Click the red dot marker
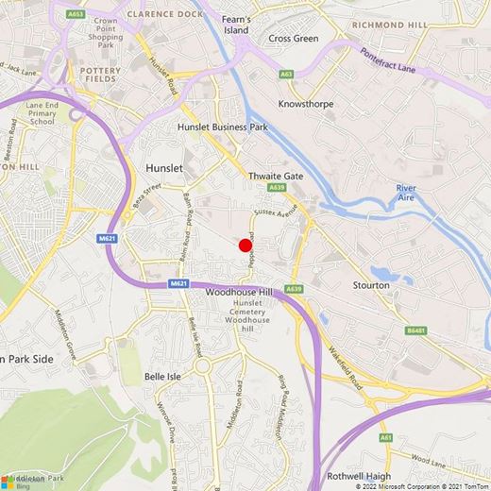245,245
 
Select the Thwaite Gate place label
275,176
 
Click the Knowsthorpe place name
306,104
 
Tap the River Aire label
412,193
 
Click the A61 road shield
386,438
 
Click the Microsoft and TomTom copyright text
422,486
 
